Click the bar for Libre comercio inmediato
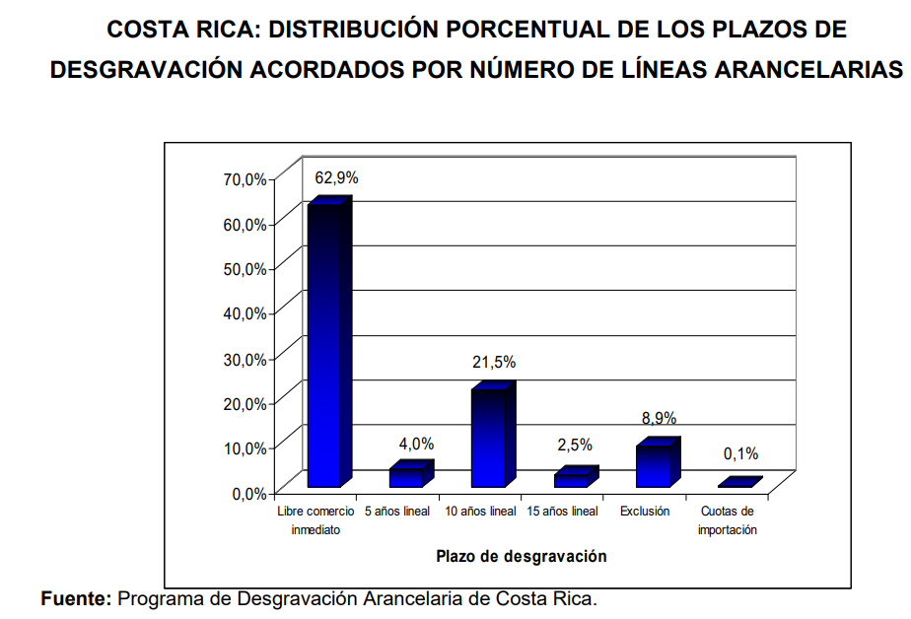coord(325,345)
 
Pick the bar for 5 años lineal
coord(406,477)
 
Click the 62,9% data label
coord(336,178)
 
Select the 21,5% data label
coord(494,363)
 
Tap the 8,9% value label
coord(659,419)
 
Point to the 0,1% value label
coord(740,454)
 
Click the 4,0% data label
coord(416,444)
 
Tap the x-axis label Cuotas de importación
coord(727,520)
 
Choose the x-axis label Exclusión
coord(645,512)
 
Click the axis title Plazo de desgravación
coord(522,556)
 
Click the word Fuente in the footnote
coord(76,598)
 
